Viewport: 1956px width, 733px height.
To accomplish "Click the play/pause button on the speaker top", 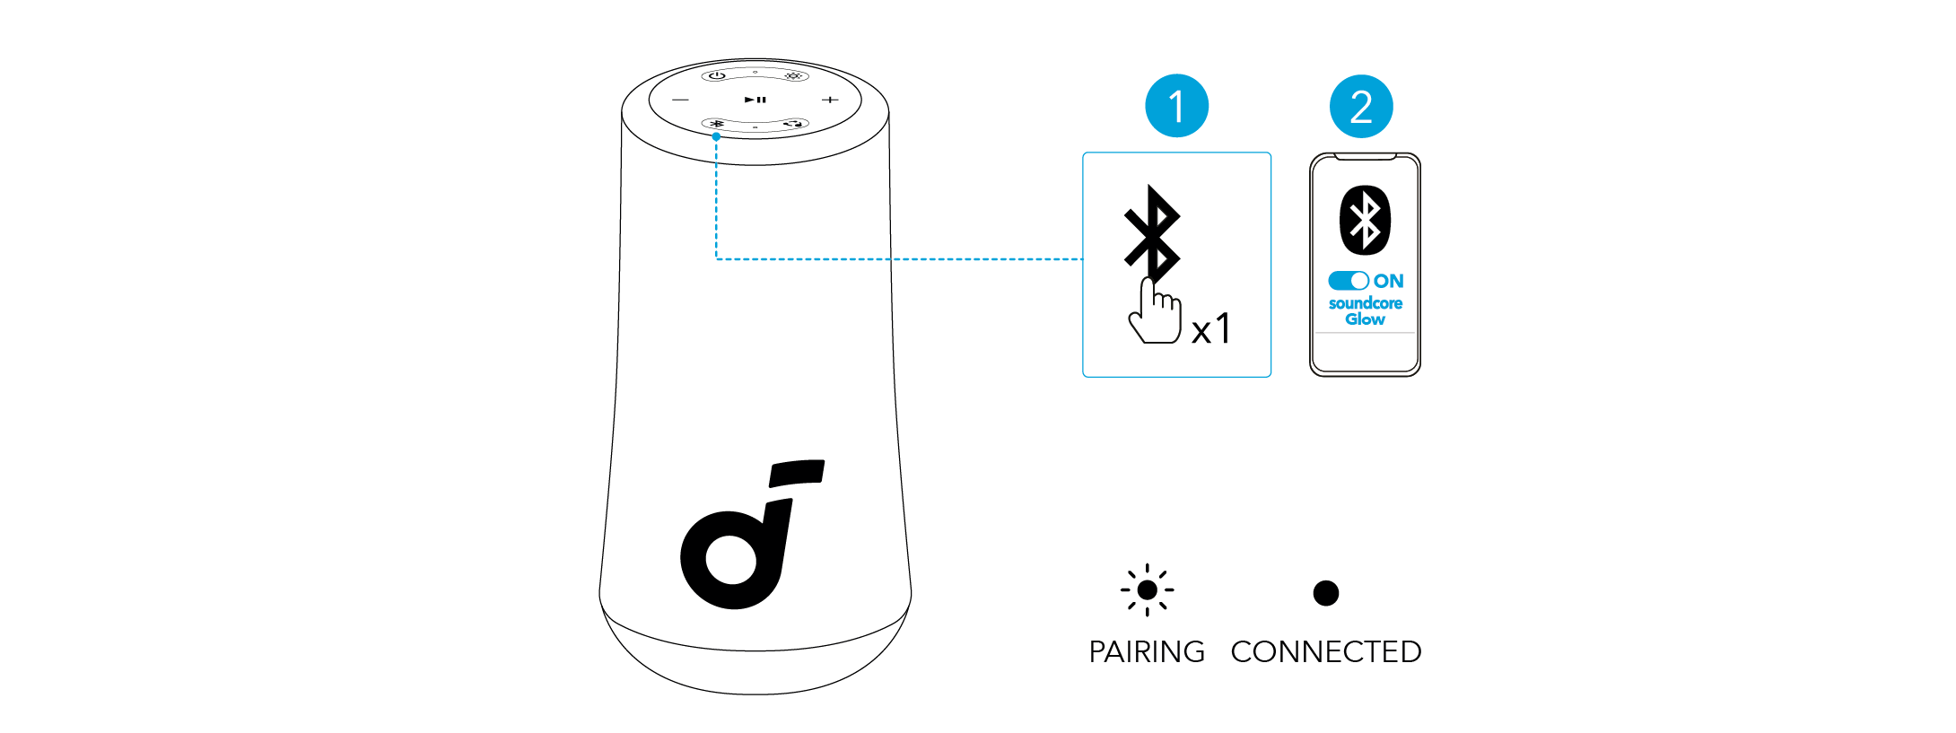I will [755, 100].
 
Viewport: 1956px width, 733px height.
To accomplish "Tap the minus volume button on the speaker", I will [681, 100].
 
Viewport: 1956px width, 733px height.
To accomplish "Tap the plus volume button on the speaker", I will [831, 100].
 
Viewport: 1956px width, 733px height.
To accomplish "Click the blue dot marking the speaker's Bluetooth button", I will [716, 136].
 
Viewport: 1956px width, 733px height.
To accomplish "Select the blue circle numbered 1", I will [1176, 106].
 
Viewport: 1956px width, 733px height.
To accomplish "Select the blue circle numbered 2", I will [1361, 106].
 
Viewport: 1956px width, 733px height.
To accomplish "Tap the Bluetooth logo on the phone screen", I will [1365, 220].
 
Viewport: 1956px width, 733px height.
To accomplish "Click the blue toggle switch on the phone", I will [1348, 281].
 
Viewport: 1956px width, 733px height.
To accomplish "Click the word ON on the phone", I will [1388, 281].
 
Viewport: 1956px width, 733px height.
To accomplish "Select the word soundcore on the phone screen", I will [1365, 303].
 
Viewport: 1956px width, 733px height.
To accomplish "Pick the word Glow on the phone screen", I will [1365, 319].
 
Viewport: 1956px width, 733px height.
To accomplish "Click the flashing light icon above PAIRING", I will [1147, 590].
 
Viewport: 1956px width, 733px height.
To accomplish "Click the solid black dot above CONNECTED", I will [1325, 593].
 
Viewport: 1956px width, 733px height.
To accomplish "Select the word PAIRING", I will [1147, 651].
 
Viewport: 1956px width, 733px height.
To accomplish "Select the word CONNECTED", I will [1325, 651].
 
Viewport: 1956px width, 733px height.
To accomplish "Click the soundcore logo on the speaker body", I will [749, 538].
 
